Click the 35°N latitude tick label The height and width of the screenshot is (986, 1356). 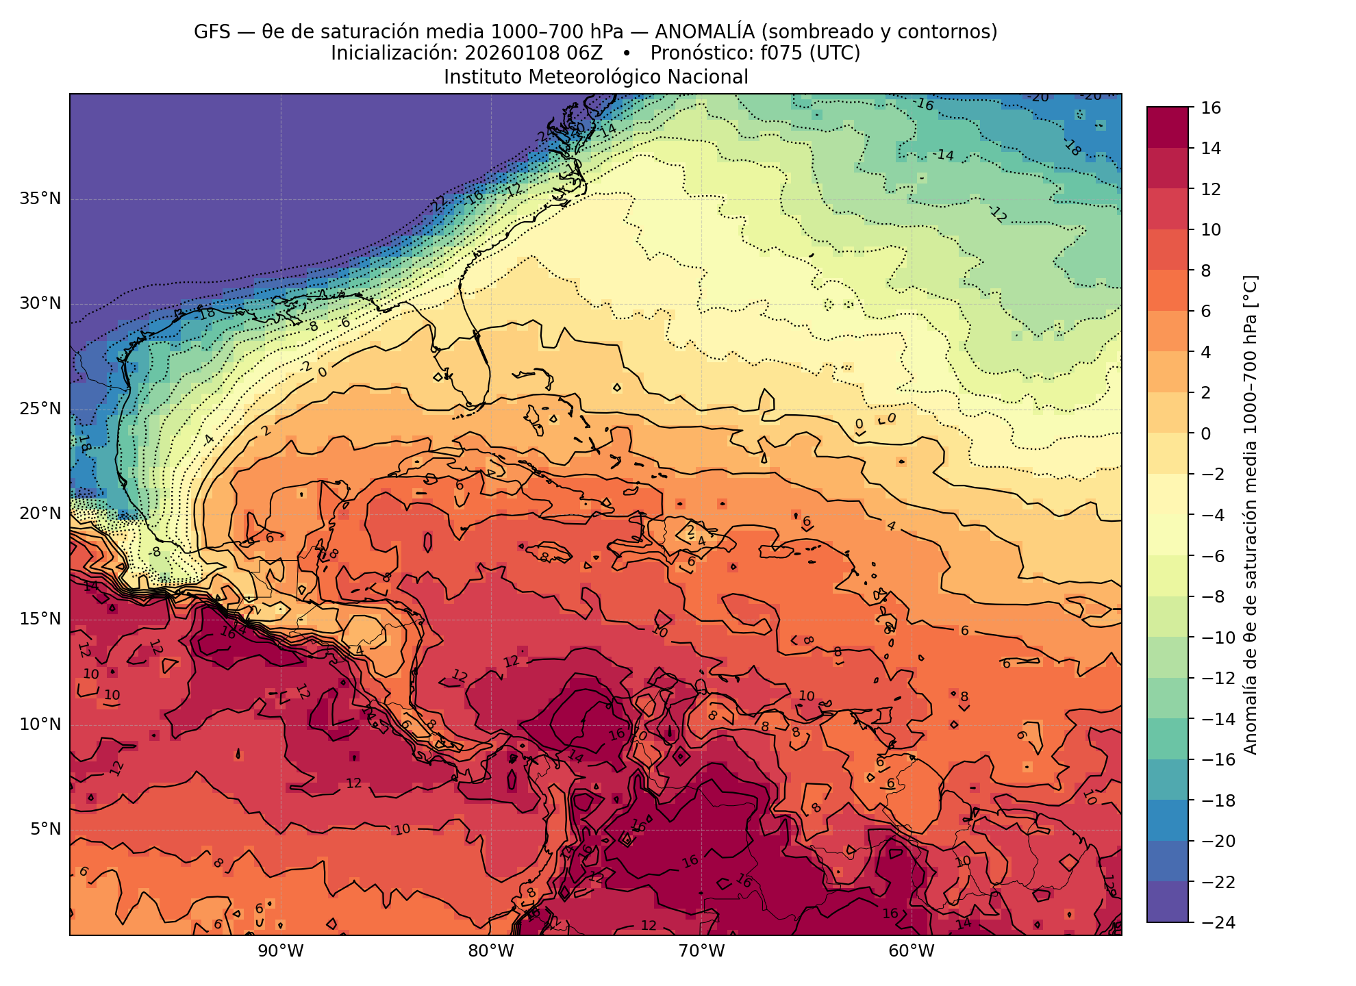(x=40, y=199)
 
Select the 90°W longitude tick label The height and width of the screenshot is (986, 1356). (x=281, y=951)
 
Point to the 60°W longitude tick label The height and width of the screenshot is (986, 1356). (x=912, y=951)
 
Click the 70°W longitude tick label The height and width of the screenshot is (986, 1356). (x=701, y=951)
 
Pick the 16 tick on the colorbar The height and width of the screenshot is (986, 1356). (x=1211, y=108)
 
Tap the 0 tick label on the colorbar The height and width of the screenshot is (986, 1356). (x=1206, y=433)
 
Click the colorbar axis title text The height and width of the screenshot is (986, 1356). (x=1251, y=515)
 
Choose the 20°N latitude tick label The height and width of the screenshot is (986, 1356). (x=40, y=514)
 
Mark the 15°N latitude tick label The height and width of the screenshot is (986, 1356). (x=40, y=619)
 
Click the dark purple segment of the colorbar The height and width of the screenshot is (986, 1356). (x=1168, y=902)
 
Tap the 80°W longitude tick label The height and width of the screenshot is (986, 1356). (x=491, y=951)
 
